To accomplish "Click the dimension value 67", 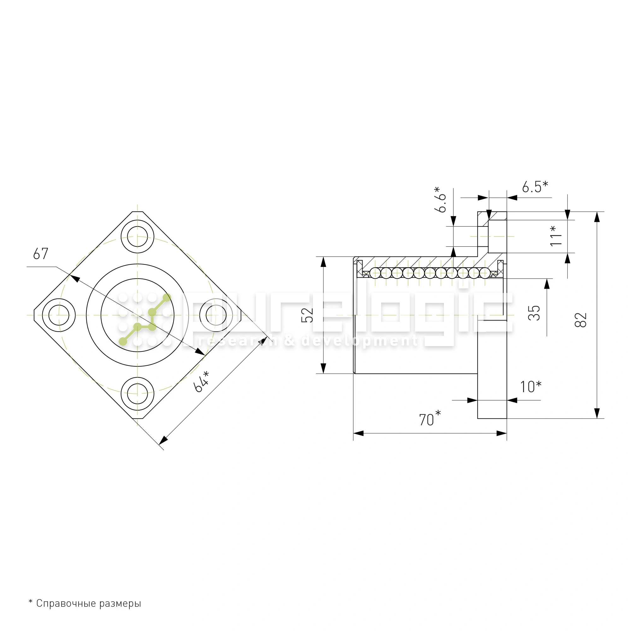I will pyautogui.click(x=40, y=254).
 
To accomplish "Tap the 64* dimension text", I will pyautogui.click(x=201, y=381).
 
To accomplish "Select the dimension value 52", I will pyautogui.click(x=307, y=315).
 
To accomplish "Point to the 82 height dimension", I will pyautogui.click(x=581, y=320).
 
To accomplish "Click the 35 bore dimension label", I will pyautogui.click(x=534, y=313).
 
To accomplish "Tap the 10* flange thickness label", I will pyautogui.click(x=530, y=387).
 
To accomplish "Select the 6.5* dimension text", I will pyautogui.click(x=535, y=186).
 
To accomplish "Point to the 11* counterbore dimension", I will pyautogui.click(x=556, y=236).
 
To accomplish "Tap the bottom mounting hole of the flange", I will pyautogui.click(x=138, y=394).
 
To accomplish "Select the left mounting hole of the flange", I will pyautogui.click(x=59, y=315).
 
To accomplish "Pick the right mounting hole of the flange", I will pyautogui.click(x=216, y=315).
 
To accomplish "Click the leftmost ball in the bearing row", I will pyautogui.click(x=375, y=273).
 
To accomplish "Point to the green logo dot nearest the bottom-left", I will pyautogui.click(x=123, y=342).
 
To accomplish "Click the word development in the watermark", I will pyautogui.click(x=359, y=341).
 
